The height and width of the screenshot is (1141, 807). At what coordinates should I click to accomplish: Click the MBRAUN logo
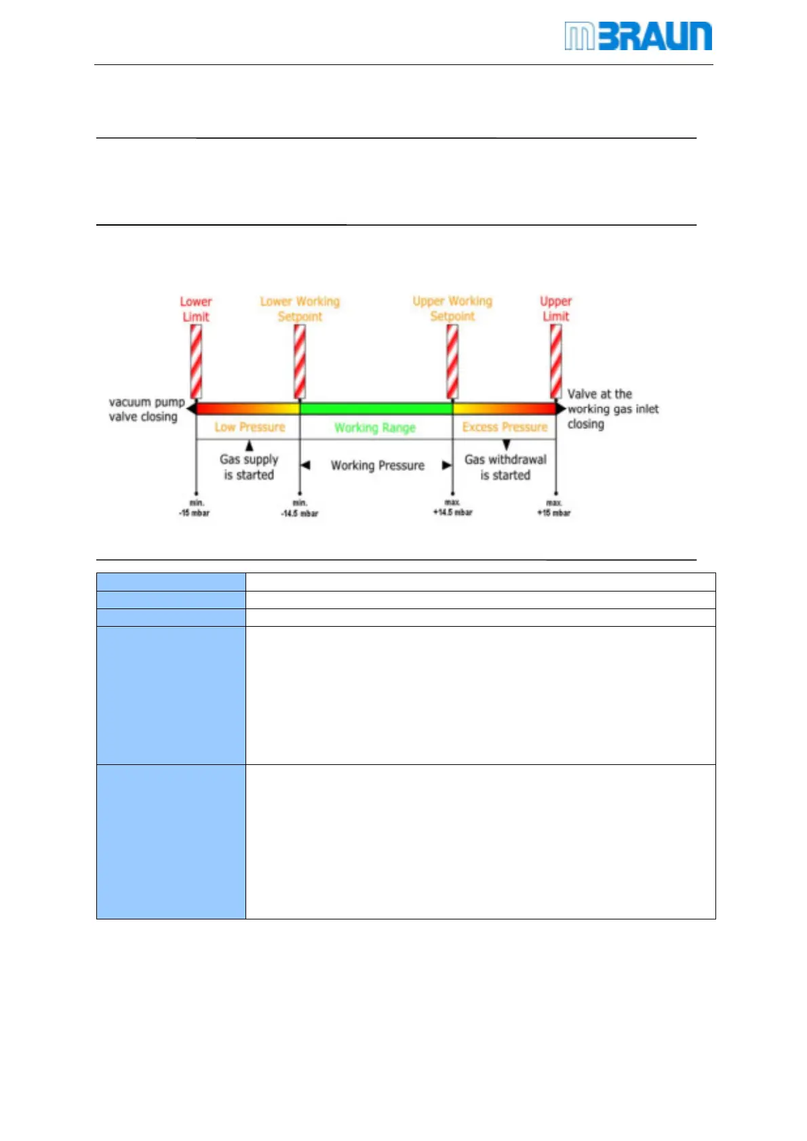point(637,37)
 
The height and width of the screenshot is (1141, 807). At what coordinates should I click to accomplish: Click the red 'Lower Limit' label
point(196,309)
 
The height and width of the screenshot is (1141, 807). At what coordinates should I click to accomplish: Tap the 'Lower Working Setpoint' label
point(300,309)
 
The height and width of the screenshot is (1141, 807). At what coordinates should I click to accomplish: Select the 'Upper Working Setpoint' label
point(452,308)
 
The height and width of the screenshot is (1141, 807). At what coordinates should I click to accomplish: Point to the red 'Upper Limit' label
point(555,308)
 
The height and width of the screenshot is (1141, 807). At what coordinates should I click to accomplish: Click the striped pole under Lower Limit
point(196,361)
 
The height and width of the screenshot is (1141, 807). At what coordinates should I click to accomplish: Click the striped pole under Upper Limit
point(555,361)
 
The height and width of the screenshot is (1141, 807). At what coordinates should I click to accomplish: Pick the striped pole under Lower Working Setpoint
point(300,361)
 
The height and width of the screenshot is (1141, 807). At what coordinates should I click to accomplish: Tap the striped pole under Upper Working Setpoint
point(452,361)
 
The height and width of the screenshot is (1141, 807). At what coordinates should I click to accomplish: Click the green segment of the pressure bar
point(376,409)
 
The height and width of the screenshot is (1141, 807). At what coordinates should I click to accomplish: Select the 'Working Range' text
point(374,428)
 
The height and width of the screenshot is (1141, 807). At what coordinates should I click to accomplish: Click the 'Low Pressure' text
point(250,427)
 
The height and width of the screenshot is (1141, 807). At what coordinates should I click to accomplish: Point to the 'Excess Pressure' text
point(505,427)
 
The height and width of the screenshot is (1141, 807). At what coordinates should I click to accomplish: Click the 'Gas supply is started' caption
point(249,467)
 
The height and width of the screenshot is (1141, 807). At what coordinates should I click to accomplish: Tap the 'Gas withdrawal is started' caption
point(505,467)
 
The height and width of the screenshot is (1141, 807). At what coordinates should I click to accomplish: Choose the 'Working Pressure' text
point(377,465)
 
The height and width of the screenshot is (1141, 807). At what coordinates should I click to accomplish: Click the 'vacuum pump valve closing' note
point(146,409)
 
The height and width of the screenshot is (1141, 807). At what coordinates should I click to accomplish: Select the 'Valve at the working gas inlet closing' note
point(612,409)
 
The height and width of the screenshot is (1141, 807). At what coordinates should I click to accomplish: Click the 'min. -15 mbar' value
point(195,508)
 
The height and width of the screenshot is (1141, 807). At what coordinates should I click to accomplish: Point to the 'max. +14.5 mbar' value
point(452,507)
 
